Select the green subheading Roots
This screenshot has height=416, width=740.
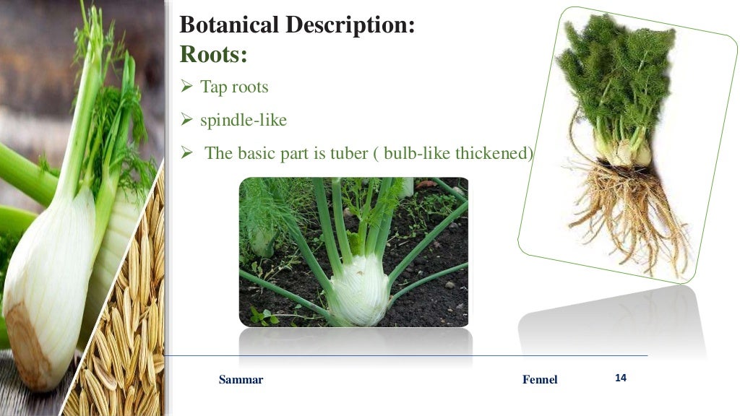213,53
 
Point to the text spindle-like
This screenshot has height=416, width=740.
244,120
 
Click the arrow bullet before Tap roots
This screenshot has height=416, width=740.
185,88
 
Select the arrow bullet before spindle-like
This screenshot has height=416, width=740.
185,121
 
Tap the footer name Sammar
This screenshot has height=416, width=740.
241,380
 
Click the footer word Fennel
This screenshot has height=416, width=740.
540,380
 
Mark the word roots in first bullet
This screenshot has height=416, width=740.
250,87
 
